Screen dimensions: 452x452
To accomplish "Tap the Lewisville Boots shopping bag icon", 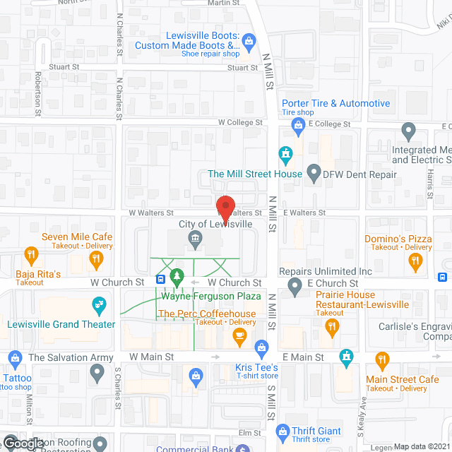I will tap(249, 41).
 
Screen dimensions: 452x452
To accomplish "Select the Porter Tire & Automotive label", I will tap(336, 103).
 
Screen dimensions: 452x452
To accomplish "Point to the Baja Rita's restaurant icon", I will tap(31, 254).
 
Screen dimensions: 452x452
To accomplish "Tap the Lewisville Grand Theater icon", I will tap(100, 306).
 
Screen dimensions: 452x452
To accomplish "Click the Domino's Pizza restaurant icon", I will tap(415, 261).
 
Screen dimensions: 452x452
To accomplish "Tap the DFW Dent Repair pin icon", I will tap(313, 173).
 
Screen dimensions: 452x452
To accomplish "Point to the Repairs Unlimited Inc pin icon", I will tap(296, 285).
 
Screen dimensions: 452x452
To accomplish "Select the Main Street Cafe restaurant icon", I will tap(382, 362).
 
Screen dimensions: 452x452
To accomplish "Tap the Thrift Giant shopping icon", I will tap(282, 430).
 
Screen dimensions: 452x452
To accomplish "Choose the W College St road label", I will tap(240, 122).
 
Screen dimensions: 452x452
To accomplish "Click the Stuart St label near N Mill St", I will tap(242, 68).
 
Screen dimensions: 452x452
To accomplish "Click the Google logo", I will tap(23, 443).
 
